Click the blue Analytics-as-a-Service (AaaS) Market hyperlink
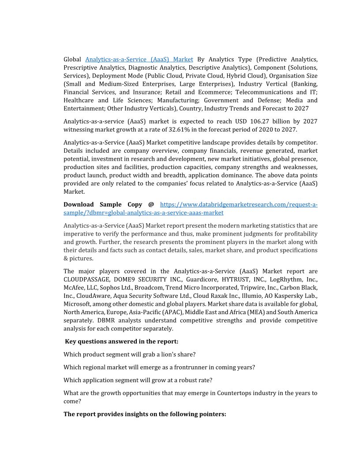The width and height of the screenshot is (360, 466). coord(139,59)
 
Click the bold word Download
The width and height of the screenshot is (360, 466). coord(79,204)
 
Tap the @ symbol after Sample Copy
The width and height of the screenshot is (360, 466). coord(151,204)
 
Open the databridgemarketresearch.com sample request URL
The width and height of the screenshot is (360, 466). coord(238,204)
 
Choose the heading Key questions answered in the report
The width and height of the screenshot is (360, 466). coord(121,341)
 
